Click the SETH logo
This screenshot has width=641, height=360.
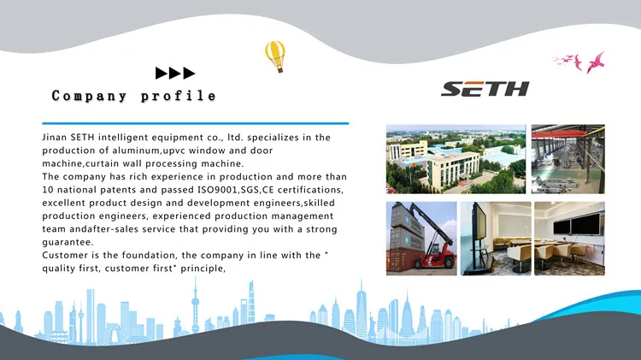click(x=486, y=89)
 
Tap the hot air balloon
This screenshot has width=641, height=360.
click(x=274, y=56)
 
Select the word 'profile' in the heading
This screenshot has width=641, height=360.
click(x=178, y=96)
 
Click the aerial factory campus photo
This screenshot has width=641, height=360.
click(x=455, y=158)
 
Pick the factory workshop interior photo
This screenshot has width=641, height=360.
click(x=568, y=158)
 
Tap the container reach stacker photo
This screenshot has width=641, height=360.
click(x=421, y=238)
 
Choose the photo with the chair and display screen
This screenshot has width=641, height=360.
click(x=495, y=238)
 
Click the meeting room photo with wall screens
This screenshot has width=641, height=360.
click(x=568, y=238)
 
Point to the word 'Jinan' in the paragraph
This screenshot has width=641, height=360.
click(x=56, y=138)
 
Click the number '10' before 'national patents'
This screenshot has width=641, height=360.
click(x=48, y=189)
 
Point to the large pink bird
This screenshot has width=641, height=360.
click(x=595, y=61)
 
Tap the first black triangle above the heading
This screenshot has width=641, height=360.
click(x=161, y=74)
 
